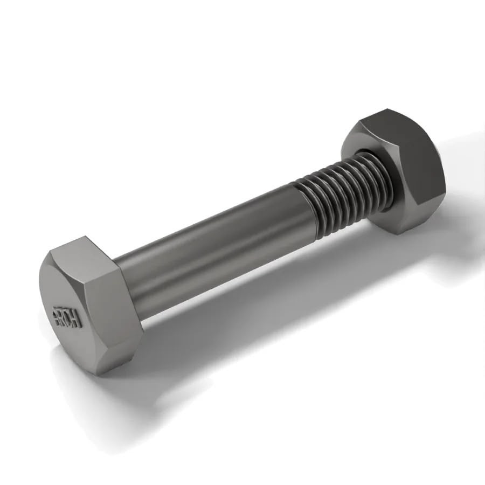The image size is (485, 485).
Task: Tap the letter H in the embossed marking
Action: point(77,321)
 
